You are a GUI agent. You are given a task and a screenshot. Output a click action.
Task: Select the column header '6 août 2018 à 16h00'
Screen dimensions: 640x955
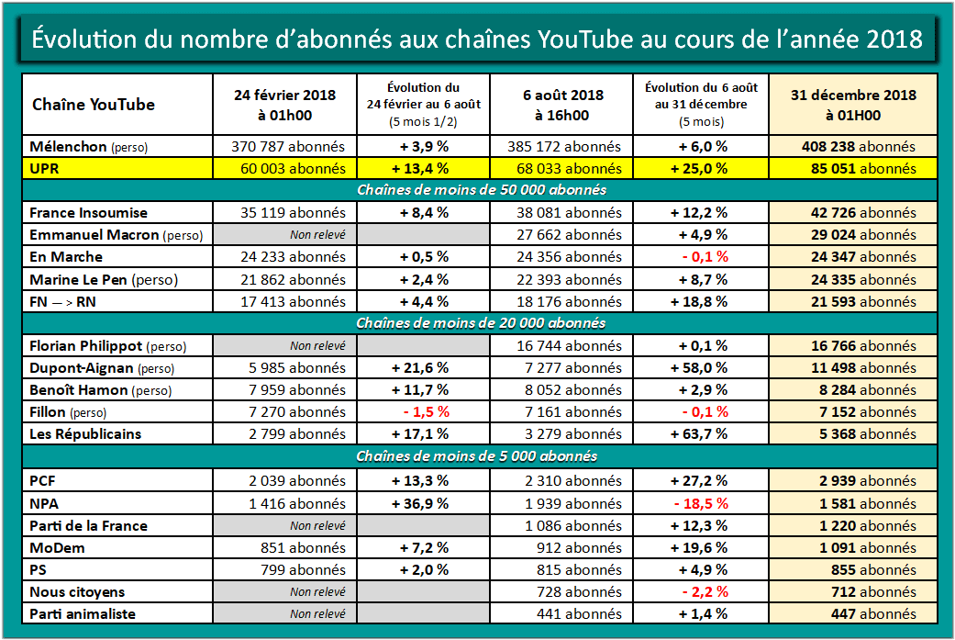point(562,105)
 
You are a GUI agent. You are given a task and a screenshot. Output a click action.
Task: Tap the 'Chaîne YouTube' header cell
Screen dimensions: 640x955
point(94,105)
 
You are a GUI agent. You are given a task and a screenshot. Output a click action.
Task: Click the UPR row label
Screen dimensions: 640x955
point(46,168)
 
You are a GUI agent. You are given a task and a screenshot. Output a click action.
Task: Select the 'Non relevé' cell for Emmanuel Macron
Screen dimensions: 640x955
point(317,235)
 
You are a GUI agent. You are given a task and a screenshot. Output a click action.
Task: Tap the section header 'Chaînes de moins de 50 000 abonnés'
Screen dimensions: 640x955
point(476,190)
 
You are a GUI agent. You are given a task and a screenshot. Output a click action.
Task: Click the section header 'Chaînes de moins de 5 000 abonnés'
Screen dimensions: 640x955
point(476,456)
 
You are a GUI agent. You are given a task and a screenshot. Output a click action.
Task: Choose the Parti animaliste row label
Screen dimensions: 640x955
point(83,614)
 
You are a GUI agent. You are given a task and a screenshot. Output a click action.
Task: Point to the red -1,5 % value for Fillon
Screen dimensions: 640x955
point(423,412)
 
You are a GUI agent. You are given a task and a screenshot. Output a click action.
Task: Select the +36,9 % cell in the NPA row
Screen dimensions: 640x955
point(423,503)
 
